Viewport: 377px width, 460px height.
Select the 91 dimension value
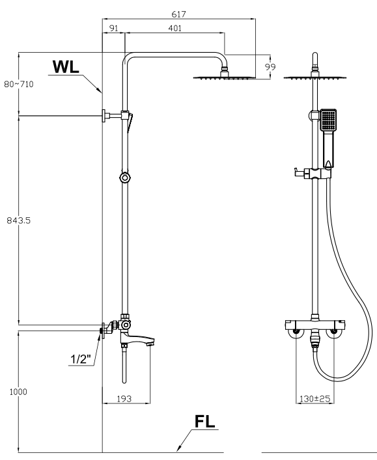tap(114, 28)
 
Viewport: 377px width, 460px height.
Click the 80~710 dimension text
tap(19, 85)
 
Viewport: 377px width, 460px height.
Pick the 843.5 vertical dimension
tap(18, 220)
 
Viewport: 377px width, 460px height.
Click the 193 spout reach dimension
tap(126, 398)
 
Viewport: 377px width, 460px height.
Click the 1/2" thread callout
tap(81, 357)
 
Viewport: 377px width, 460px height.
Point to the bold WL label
tap(68, 67)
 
